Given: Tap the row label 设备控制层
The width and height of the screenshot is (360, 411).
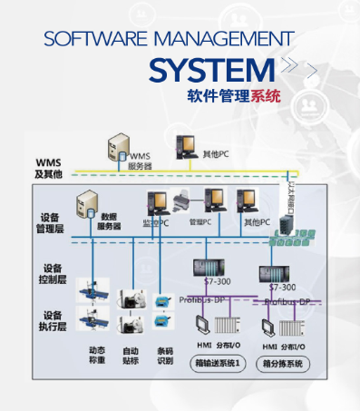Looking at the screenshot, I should pos(54,275).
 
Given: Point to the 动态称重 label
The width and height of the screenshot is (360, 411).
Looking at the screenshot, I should pos(97,355).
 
